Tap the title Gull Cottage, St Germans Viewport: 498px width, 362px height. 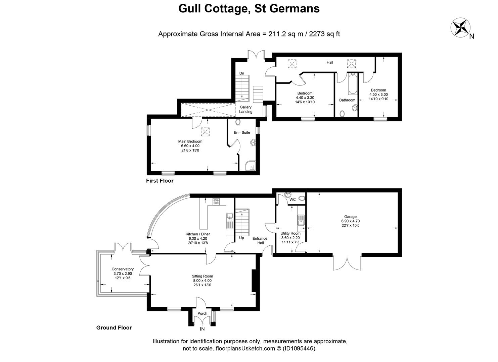249,8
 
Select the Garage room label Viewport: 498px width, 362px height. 350,217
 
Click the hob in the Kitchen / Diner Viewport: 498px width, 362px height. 216,201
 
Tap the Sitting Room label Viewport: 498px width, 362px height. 202,276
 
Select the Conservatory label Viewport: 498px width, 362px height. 123,269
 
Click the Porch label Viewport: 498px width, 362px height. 202,313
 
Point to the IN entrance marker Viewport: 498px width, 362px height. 202,329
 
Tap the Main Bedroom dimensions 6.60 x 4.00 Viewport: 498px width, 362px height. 190,146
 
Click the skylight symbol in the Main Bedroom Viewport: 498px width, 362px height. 205,132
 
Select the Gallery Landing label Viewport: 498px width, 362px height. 245,109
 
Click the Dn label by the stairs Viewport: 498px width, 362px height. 241,73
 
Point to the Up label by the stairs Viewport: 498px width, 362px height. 241,238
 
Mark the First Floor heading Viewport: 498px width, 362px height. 160,181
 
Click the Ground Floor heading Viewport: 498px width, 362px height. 114,328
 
